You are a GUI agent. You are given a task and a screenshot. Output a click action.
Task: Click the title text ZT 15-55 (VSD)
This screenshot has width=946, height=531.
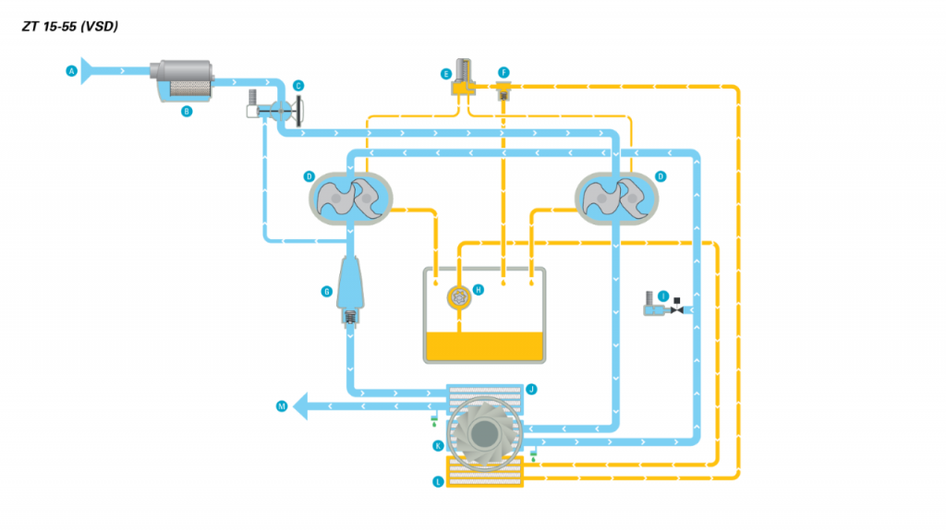point(69,27)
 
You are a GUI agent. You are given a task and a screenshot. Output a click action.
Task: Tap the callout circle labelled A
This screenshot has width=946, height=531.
point(71,70)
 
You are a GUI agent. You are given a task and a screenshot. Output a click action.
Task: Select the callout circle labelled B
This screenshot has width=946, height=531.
point(187,111)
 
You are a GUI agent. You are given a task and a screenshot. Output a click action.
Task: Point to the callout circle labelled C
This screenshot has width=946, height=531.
point(298,86)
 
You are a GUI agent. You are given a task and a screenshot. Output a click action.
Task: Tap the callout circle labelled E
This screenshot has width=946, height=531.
point(446,73)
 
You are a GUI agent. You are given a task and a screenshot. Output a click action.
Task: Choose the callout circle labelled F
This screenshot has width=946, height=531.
point(503,72)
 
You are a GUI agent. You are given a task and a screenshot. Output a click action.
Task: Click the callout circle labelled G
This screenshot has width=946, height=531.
point(326,292)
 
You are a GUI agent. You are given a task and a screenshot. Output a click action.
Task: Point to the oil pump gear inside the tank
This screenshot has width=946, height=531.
point(459,296)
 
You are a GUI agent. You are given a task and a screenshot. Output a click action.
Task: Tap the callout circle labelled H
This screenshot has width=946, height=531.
point(479,289)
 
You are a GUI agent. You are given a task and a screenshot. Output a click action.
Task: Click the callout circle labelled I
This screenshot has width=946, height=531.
point(663,296)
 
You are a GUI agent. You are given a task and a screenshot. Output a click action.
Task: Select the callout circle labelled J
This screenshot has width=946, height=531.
point(531,390)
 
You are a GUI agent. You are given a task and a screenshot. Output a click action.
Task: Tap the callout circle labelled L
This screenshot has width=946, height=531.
point(438,481)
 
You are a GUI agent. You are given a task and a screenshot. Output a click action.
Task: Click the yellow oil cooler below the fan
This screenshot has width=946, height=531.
point(485,471)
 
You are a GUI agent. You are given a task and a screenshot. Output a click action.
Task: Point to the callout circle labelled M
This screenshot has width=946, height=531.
point(282,405)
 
